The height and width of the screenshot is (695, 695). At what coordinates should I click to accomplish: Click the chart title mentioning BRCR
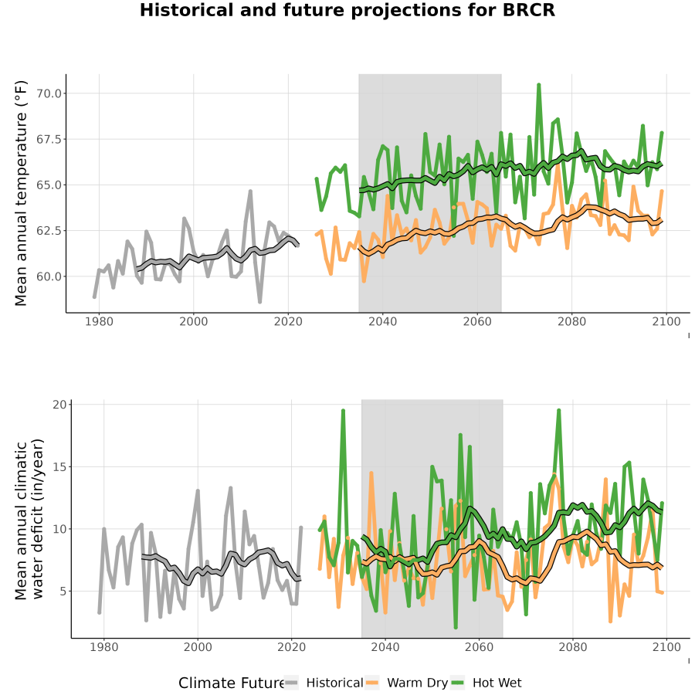(347, 10)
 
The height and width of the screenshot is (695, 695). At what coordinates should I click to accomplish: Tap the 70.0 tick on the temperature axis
(49, 93)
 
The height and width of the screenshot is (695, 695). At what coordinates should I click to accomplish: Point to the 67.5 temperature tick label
(49, 139)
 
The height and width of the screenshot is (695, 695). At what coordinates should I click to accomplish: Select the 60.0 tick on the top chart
(49, 276)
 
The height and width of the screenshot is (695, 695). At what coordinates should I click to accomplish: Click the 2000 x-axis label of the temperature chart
(193, 322)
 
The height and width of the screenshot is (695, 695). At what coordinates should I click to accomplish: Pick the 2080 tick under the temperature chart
(571, 322)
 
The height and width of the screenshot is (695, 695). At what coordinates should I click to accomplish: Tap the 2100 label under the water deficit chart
(666, 648)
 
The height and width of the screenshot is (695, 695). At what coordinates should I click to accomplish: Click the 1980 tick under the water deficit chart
(103, 648)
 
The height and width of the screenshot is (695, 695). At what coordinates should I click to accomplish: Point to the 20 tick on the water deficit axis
(60, 405)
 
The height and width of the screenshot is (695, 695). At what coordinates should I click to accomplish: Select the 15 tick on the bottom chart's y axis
(60, 467)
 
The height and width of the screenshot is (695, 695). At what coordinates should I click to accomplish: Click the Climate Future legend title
(232, 683)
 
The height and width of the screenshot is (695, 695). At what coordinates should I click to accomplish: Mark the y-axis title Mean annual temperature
(20, 193)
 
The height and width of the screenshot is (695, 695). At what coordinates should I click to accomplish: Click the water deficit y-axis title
(29, 519)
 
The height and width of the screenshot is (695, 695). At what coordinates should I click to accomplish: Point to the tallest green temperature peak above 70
(538, 84)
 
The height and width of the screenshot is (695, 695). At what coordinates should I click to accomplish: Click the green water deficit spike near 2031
(343, 411)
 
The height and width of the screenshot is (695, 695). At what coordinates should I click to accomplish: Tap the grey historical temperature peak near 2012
(250, 191)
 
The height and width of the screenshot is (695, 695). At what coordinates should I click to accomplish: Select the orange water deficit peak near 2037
(371, 473)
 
